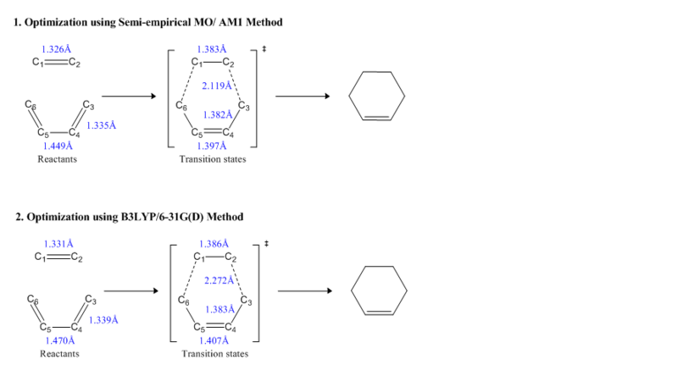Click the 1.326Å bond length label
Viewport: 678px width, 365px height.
click(x=56, y=50)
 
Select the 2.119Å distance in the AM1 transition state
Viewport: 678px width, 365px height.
click(x=217, y=86)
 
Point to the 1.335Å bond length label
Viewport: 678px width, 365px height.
click(x=102, y=125)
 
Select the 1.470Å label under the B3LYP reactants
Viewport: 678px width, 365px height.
click(x=60, y=340)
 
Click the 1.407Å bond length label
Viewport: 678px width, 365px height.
click(x=214, y=340)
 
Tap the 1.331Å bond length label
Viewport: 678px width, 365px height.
click(x=58, y=244)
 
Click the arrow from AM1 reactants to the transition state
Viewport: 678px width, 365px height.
click(x=128, y=96)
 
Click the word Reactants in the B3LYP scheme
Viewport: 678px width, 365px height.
click(x=59, y=353)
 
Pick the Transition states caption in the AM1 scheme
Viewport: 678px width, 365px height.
click(x=213, y=158)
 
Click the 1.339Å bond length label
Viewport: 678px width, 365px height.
click(x=103, y=320)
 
